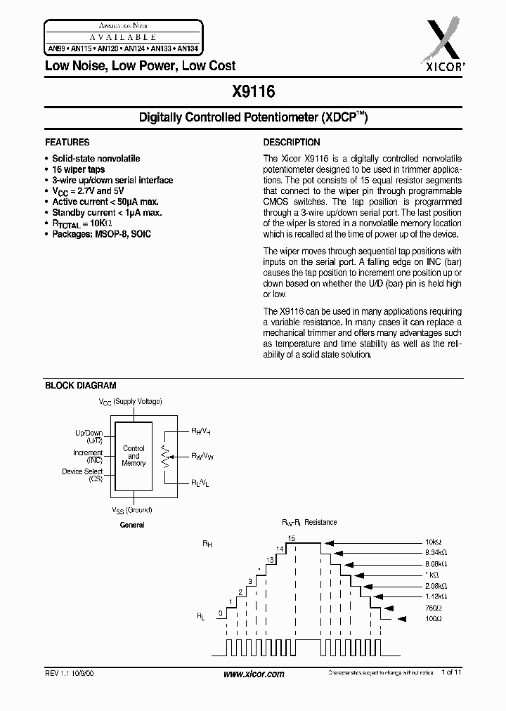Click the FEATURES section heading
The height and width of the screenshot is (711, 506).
(67, 142)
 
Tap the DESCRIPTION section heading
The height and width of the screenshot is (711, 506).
(292, 142)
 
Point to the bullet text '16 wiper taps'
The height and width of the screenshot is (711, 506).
(79, 170)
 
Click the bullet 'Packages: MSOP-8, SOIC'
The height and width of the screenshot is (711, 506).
(101, 233)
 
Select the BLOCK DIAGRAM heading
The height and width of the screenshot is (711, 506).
(81, 386)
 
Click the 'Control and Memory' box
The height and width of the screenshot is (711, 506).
(134, 456)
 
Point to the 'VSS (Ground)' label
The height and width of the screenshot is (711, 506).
(131, 510)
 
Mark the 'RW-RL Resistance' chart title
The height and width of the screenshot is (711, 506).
(309, 522)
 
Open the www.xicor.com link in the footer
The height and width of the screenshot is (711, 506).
(253, 674)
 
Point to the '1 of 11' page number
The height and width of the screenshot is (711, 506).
(452, 673)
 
